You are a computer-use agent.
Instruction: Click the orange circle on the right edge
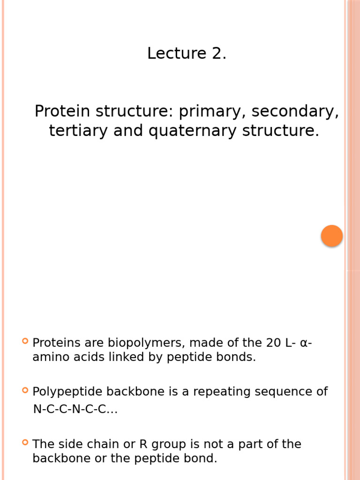tap(332, 236)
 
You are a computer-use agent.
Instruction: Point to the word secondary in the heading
tap(295, 112)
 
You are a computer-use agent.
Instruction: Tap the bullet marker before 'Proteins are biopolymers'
tap(25, 341)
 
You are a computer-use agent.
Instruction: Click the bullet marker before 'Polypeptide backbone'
tap(25, 390)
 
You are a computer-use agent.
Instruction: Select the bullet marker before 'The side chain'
tap(25, 442)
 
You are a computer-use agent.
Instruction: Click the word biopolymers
tap(143, 343)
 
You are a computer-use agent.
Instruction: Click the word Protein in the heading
tap(63, 112)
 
